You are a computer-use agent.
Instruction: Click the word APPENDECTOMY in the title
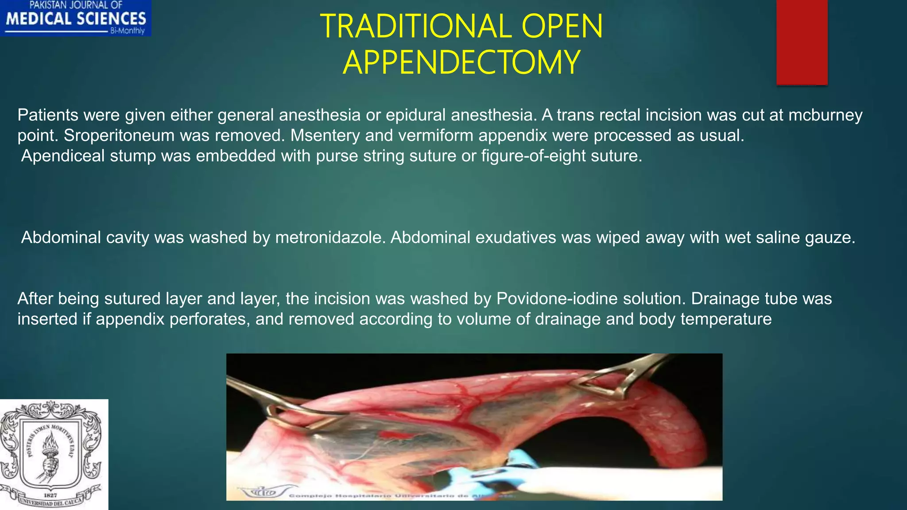(x=461, y=62)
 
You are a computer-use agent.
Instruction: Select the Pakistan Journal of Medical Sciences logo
(x=76, y=18)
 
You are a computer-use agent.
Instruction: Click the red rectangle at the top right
(x=802, y=42)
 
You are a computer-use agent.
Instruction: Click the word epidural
(x=415, y=115)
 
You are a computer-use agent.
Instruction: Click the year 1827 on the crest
(x=50, y=495)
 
